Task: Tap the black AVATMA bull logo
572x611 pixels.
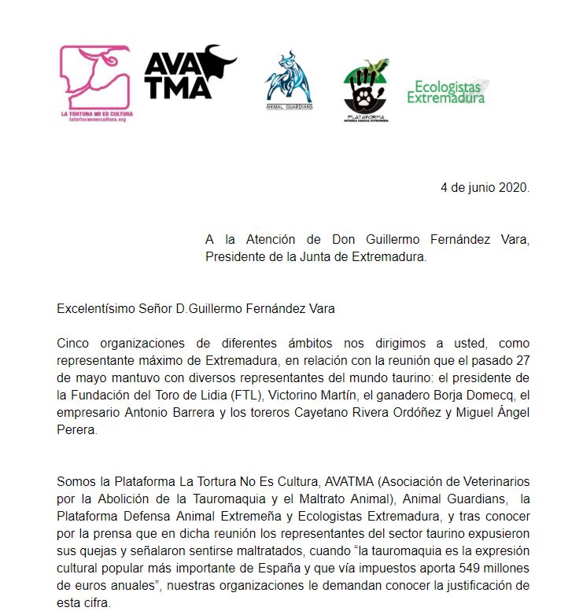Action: coord(189,72)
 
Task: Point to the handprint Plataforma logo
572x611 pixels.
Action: coord(366,89)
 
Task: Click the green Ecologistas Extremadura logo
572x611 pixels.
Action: coord(447,91)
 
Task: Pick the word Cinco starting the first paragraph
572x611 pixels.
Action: coord(75,344)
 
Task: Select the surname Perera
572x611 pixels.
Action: coord(77,430)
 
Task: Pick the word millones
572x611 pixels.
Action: coord(499,567)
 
